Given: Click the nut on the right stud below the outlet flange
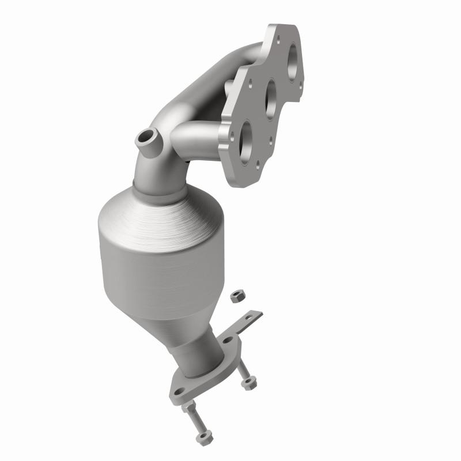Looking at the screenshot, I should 249,383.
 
